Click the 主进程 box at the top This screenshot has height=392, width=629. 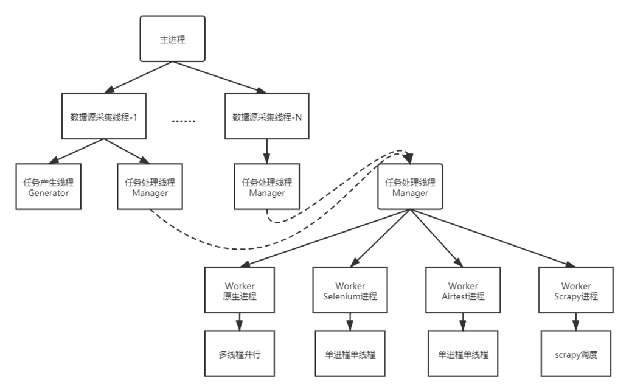173,39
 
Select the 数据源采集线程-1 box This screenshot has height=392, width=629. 104,116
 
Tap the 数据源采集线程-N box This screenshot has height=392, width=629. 267,116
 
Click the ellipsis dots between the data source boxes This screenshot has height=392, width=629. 183,121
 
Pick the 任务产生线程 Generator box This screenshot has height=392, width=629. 49,186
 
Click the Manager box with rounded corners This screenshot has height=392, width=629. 410,186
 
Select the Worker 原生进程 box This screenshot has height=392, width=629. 240,290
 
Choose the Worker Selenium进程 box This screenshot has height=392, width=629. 350,290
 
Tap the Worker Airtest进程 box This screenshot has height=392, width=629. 463,290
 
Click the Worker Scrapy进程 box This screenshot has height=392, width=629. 576,290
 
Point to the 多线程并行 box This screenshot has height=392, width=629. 240,354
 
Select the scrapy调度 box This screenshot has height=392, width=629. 576,354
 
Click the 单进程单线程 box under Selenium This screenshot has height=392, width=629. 350,354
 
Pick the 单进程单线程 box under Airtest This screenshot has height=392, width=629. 463,354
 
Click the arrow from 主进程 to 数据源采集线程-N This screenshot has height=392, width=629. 220,77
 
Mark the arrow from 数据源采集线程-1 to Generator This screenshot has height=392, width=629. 76,152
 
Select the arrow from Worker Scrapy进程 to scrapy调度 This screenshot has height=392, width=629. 576,322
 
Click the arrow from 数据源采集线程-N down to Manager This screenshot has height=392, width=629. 267,152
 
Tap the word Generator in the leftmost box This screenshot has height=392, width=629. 49,193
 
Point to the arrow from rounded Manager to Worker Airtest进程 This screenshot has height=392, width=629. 436,238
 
